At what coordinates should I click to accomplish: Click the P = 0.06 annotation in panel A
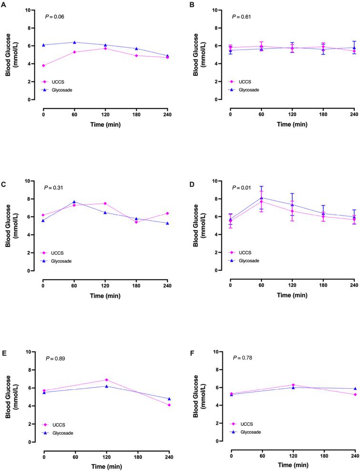tap(55, 17)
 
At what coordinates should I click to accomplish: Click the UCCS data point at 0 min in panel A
tap(44, 66)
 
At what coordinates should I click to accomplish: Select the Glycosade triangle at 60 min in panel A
tap(74, 42)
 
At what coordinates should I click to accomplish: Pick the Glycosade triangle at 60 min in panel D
tap(261, 198)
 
